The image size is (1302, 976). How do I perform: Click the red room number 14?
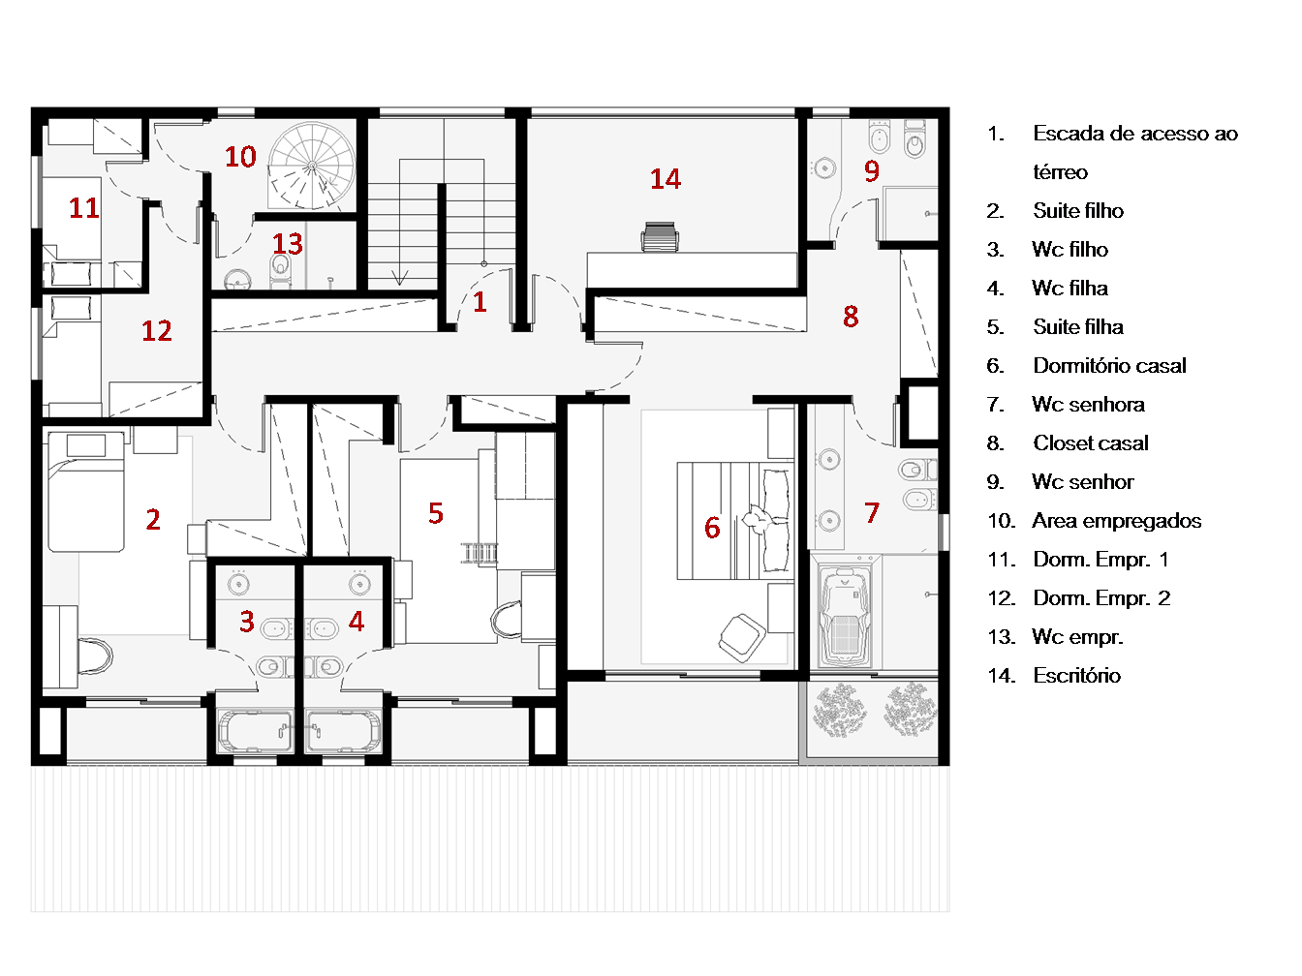coord(665,179)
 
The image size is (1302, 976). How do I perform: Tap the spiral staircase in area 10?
coord(312,167)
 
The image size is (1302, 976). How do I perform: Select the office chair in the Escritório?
coord(660,237)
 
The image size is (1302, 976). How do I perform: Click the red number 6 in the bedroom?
coord(712,528)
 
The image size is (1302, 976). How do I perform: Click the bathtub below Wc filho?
coord(255,731)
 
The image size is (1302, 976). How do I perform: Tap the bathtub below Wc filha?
coord(344,731)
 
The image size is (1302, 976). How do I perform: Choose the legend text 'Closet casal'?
coord(1090,443)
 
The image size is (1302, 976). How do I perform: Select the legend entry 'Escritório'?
coord(1076,676)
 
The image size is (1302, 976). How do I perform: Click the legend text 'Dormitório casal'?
coord(1109,366)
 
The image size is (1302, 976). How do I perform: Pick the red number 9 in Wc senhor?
coord(871,171)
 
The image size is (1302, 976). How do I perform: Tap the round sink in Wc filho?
coord(238,584)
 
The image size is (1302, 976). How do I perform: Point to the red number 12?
coord(157,331)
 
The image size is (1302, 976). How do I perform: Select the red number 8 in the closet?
coord(851,317)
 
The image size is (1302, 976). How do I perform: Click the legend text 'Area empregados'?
coord(1116,521)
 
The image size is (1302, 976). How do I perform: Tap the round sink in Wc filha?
coord(359,584)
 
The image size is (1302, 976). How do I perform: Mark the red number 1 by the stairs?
coord(480,302)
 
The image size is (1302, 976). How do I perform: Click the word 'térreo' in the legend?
coord(1060,172)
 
